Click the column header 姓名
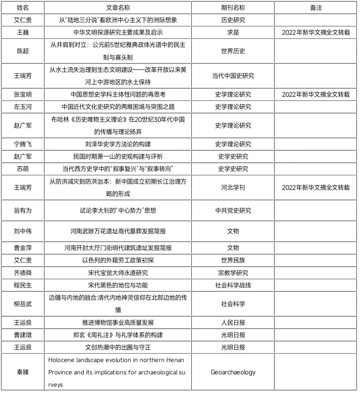(23, 8)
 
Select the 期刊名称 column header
(233, 8)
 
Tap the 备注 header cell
(316, 8)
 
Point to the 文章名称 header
(118, 8)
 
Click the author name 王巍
(23, 32)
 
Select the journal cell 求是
(233, 32)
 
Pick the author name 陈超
(23, 51)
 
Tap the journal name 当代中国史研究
(233, 76)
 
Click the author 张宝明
(23, 94)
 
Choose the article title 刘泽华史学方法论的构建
(118, 144)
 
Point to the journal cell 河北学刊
(233, 187)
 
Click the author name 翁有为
(23, 211)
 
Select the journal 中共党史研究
(233, 211)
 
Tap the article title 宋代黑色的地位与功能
(118, 285)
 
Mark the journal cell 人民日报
(233, 323)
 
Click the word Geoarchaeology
(233, 372)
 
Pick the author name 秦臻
(23, 372)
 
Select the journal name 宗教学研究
(233, 273)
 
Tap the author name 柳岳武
(23, 304)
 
